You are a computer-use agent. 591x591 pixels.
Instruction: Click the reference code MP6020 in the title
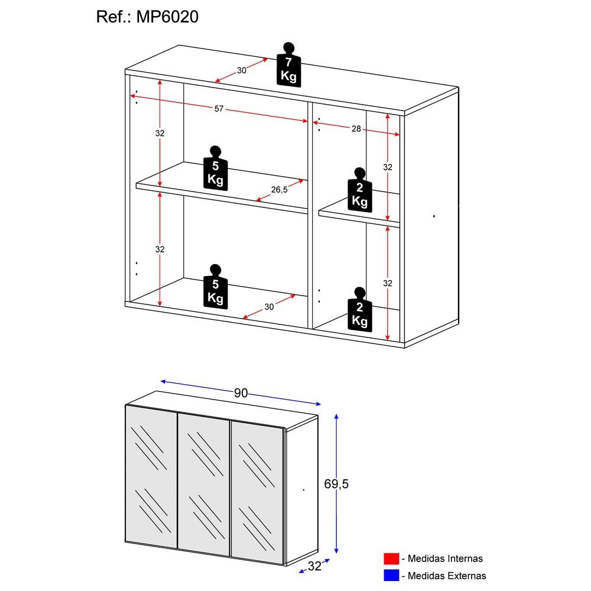click(x=168, y=17)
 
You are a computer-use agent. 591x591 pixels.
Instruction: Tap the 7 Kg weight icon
click(x=288, y=66)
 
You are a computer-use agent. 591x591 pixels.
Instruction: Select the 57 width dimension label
click(x=219, y=108)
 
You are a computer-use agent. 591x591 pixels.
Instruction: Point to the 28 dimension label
click(x=356, y=128)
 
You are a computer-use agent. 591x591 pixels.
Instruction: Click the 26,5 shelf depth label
click(x=279, y=190)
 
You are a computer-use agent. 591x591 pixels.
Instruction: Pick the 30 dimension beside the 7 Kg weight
click(x=241, y=70)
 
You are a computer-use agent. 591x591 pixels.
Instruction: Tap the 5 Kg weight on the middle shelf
click(x=216, y=170)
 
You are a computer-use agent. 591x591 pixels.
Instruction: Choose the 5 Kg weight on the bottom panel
click(x=216, y=287)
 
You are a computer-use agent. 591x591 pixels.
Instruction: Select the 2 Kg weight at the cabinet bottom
click(x=359, y=310)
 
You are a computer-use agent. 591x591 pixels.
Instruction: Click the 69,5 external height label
click(x=336, y=484)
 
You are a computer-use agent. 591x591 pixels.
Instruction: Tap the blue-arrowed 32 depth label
click(x=314, y=566)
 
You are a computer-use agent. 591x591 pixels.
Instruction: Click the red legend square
click(x=391, y=558)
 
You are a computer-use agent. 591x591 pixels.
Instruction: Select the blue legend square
click(x=391, y=575)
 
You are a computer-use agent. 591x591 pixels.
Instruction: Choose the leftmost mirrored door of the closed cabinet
click(x=151, y=482)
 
